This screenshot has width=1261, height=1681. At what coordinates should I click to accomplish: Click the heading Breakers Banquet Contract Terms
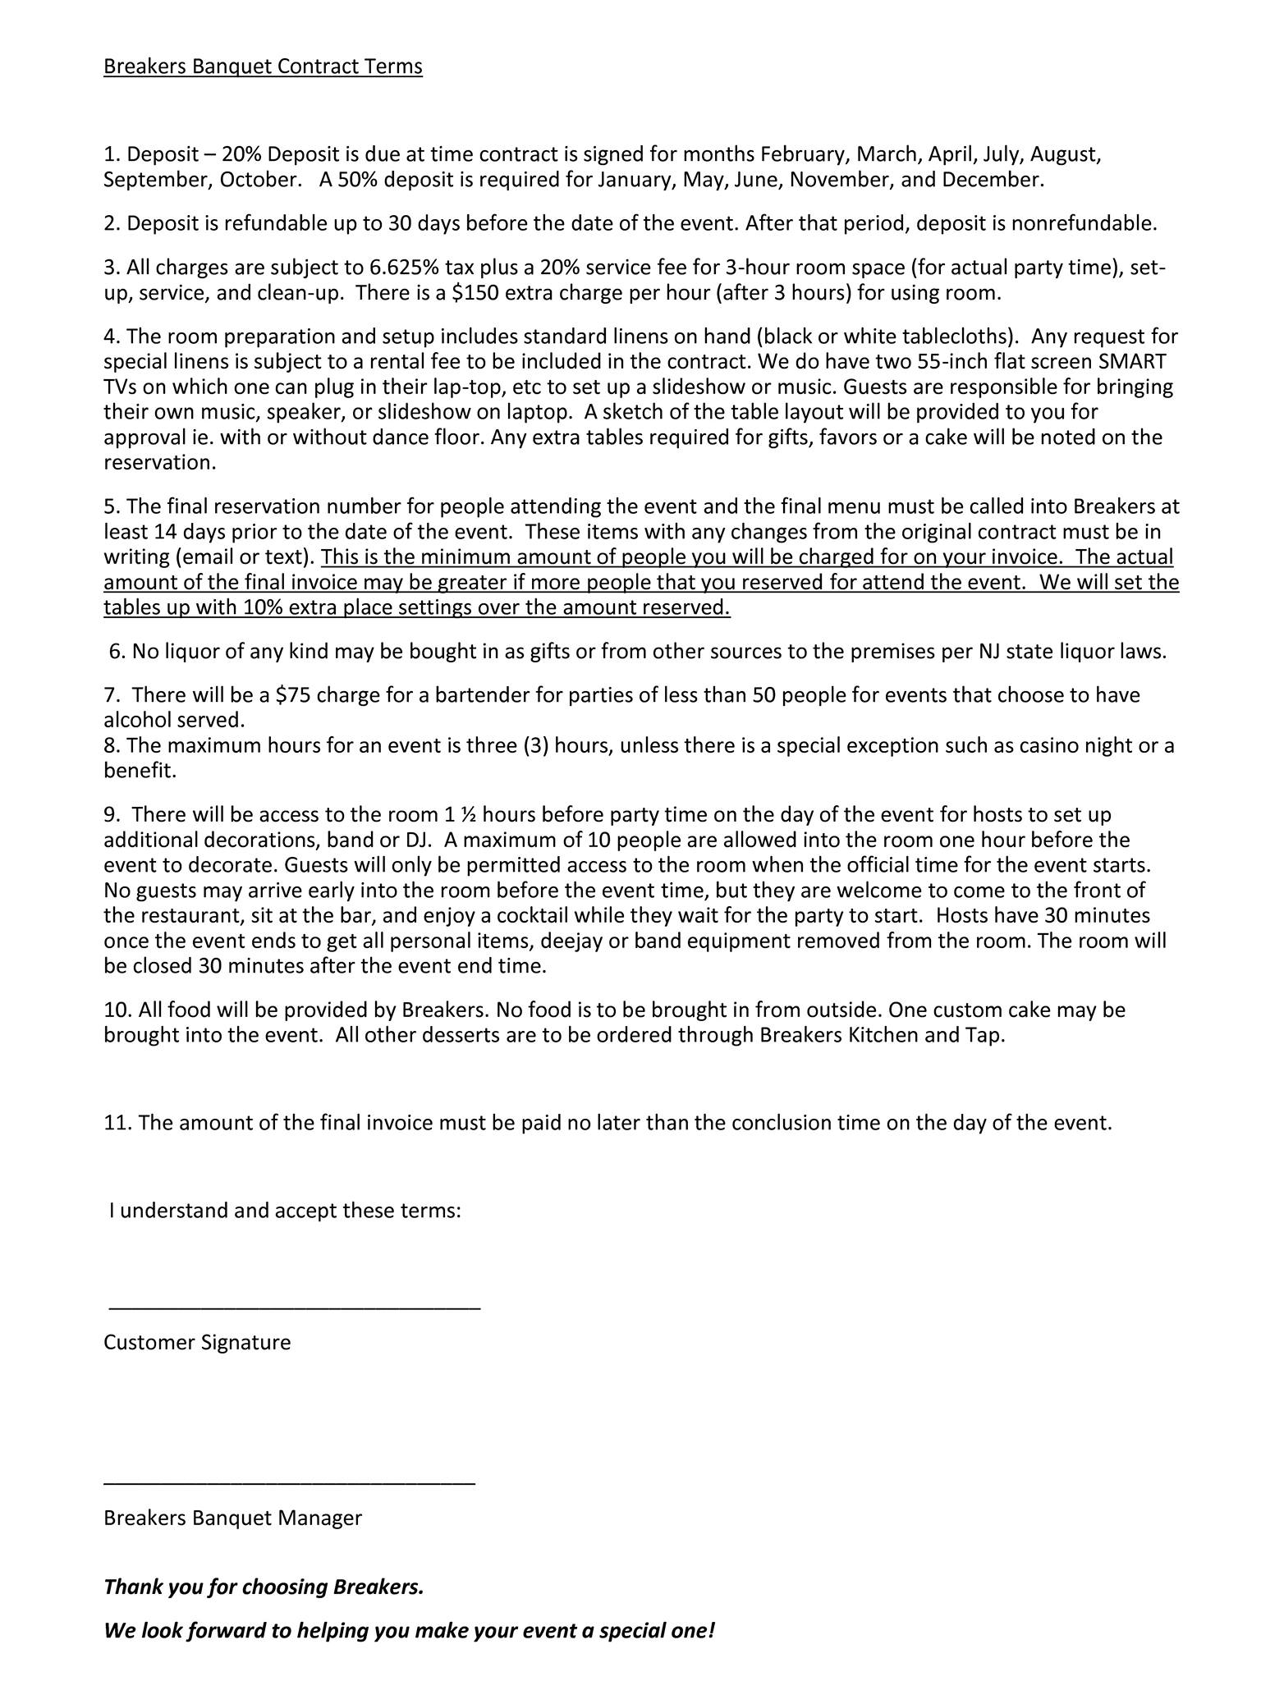click(x=263, y=66)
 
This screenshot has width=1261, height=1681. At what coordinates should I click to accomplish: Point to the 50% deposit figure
click(x=356, y=180)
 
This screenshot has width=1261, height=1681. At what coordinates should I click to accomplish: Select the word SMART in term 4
click(x=1132, y=361)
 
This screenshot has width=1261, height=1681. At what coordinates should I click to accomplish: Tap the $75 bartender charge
click(x=293, y=695)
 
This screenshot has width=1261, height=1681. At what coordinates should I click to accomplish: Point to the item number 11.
click(x=117, y=1123)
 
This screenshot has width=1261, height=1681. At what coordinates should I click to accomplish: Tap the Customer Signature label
click(x=197, y=1343)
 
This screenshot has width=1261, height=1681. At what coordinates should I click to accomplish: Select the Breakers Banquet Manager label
click(x=232, y=1518)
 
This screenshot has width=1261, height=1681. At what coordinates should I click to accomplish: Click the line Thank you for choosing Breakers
click(x=264, y=1587)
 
